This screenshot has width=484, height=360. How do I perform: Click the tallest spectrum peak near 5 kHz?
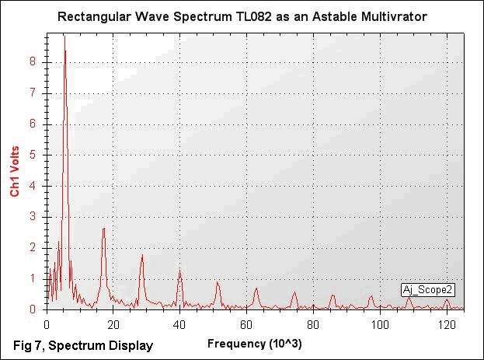pos(64,38)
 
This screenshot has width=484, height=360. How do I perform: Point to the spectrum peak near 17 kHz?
pos(103,230)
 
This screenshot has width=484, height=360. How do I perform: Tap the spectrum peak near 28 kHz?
pos(142,256)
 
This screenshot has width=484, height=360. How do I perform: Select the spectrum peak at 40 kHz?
pos(179,271)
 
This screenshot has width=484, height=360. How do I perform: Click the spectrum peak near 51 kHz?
pos(218,283)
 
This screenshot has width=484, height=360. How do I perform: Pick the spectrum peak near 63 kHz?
pos(256,289)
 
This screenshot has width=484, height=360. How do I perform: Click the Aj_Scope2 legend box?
pos(428,289)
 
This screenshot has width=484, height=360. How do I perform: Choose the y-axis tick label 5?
pos(32,154)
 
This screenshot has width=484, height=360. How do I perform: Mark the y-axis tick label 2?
pos(32,247)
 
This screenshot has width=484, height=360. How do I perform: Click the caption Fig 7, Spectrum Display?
pos(83,345)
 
